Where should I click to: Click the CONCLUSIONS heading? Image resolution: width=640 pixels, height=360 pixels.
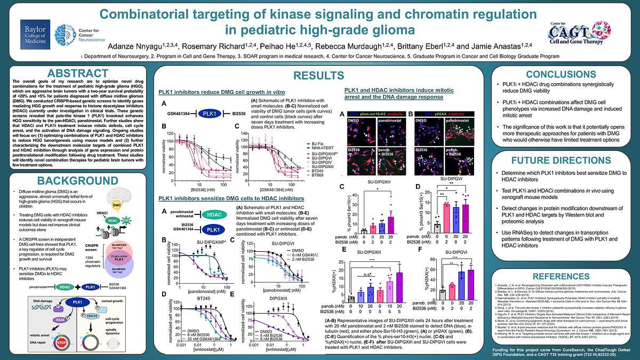562,75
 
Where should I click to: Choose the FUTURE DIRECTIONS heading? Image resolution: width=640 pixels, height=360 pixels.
562,159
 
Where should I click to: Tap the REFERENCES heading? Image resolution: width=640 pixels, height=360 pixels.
562,276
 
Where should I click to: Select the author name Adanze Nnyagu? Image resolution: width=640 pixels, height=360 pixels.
140,46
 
